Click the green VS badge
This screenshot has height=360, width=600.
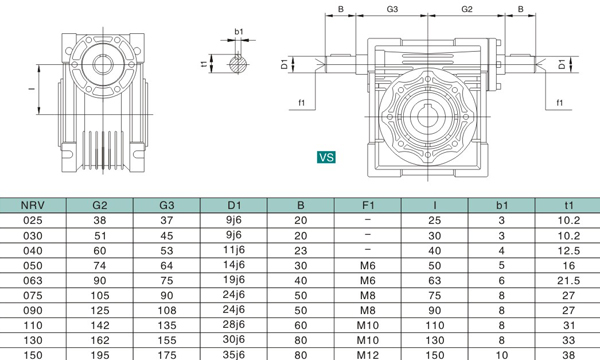tap(326, 157)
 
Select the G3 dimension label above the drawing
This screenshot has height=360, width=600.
tap(392, 9)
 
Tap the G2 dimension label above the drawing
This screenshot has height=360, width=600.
tap(467, 9)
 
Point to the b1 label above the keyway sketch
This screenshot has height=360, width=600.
tap(239, 32)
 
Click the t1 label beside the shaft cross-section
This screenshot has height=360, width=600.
tap(204, 64)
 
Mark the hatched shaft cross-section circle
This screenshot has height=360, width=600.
tap(238, 64)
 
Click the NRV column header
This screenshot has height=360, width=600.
tap(33, 205)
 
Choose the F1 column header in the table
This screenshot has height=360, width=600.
tap(368, 205)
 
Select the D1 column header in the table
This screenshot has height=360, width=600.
tap(234, 205)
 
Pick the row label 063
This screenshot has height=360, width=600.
tap(33, 280)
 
